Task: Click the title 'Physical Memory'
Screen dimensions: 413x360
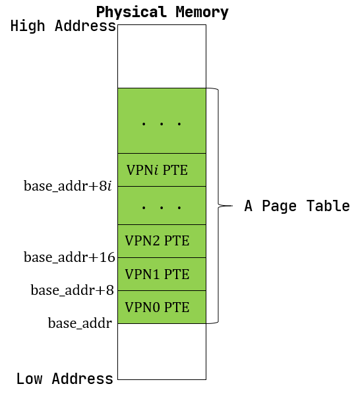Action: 162,12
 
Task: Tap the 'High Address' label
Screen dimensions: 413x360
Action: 63,27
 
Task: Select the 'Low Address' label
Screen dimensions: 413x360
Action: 65,379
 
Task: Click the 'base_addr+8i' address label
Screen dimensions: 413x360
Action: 68,186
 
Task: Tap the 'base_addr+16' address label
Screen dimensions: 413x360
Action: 70,257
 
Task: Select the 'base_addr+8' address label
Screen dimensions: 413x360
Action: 73,290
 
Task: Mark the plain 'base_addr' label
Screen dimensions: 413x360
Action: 80,323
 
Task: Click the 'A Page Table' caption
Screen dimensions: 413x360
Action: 297,206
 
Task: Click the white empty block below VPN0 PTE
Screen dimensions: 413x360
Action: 162,351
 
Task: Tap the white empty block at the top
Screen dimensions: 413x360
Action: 162,56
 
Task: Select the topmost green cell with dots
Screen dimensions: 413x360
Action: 162,121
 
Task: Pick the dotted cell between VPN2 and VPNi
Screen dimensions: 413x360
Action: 162,206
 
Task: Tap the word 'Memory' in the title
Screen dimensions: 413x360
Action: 204,12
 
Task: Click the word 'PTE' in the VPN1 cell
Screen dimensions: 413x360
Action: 177,274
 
